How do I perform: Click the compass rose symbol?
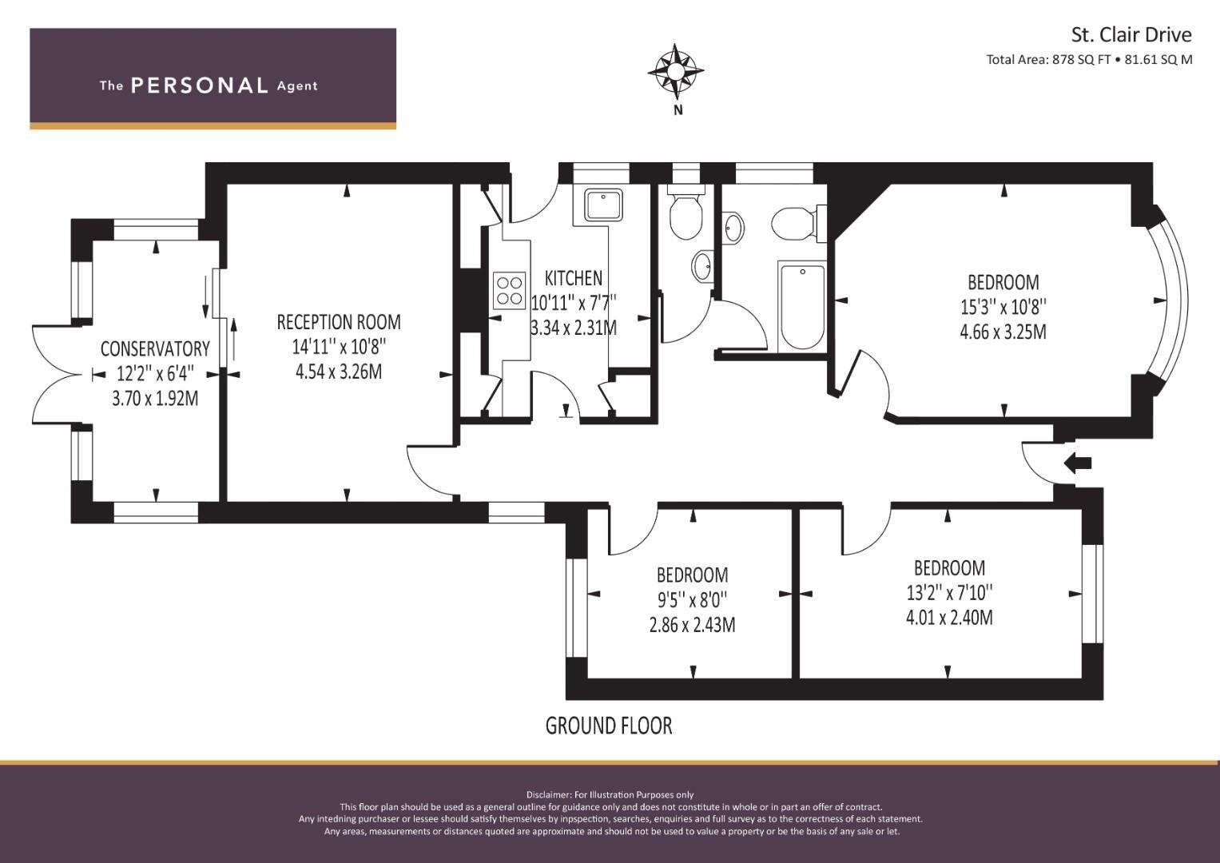675,71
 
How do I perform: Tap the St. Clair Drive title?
1132,35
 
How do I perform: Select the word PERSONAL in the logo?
200,86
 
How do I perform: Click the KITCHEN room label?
574,278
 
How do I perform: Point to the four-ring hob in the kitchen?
509,290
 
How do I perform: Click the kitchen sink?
603,205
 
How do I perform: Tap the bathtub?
802,307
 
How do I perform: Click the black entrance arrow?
1078,463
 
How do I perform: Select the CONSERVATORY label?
155,348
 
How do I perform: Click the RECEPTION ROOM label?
339,322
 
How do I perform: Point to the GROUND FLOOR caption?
609,726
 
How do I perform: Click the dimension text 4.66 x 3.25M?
1003,332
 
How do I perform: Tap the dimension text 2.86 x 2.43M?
692,624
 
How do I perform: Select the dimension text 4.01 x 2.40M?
949,618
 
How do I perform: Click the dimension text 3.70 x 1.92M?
155,399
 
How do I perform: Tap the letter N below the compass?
678,110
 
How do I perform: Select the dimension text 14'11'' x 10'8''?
339,347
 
